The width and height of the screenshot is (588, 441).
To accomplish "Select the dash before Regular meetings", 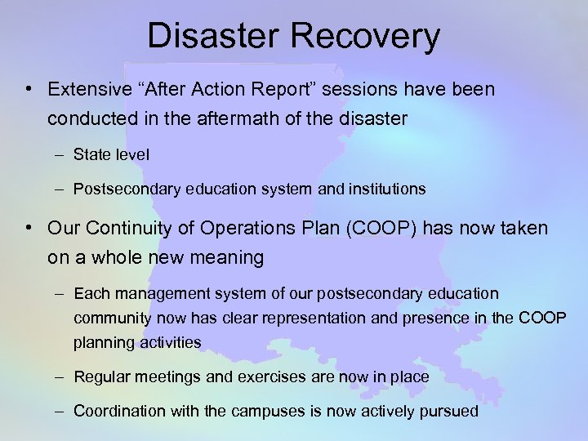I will (62, 376).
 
